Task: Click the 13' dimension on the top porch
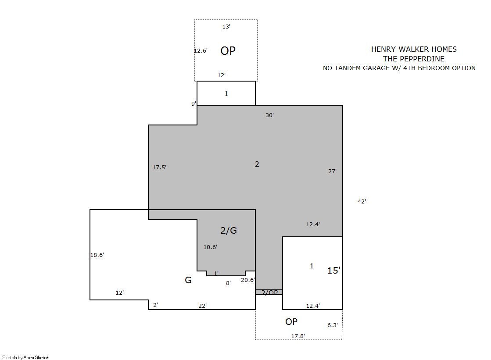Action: (226, 27)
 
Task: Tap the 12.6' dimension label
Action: (201, 51)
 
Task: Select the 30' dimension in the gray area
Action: (269, 115)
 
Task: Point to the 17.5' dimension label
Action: (159, 168)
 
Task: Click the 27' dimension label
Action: (332, 171)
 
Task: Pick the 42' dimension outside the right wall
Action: (362, 202)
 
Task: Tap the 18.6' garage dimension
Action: (97, 255)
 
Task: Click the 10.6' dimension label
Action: (211, 247)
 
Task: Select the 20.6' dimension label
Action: (248, 280)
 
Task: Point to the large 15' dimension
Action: (334, 271)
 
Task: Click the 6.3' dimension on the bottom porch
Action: (333, 325)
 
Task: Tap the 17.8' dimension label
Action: (298, 336)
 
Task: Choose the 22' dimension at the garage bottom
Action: (203, 306)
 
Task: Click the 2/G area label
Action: (229, 231)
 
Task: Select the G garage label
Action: (188, 280)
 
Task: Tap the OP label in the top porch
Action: (228, 51)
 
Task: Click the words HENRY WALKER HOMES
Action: (414, 49)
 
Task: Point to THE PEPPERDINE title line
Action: (414, 59)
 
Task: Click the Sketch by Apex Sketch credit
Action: (26, 357)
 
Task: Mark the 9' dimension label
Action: (194, 103)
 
